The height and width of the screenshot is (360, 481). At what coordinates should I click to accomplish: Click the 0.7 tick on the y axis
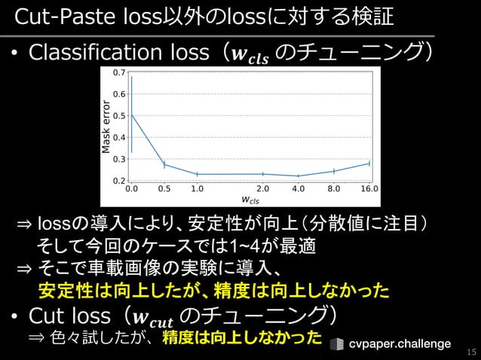pos(119,73)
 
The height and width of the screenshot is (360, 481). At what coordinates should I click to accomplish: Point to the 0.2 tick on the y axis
pos(119,182)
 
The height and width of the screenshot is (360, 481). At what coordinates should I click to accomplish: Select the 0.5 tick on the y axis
pos(119,116)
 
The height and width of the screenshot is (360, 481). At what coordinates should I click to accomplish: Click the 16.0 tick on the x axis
pos(369,190)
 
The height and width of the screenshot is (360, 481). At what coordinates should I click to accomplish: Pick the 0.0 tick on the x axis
pos(132,190)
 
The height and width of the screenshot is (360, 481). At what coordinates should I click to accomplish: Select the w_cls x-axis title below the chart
pos(250,200)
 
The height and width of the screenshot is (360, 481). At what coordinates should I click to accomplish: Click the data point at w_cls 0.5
pos(164,165)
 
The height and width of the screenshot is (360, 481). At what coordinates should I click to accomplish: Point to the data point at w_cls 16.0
pos(369,163)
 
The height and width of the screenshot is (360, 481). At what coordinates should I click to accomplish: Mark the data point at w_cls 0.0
pos(132,114)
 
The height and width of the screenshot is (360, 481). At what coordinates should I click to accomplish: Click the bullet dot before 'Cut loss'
pos(14,314)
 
